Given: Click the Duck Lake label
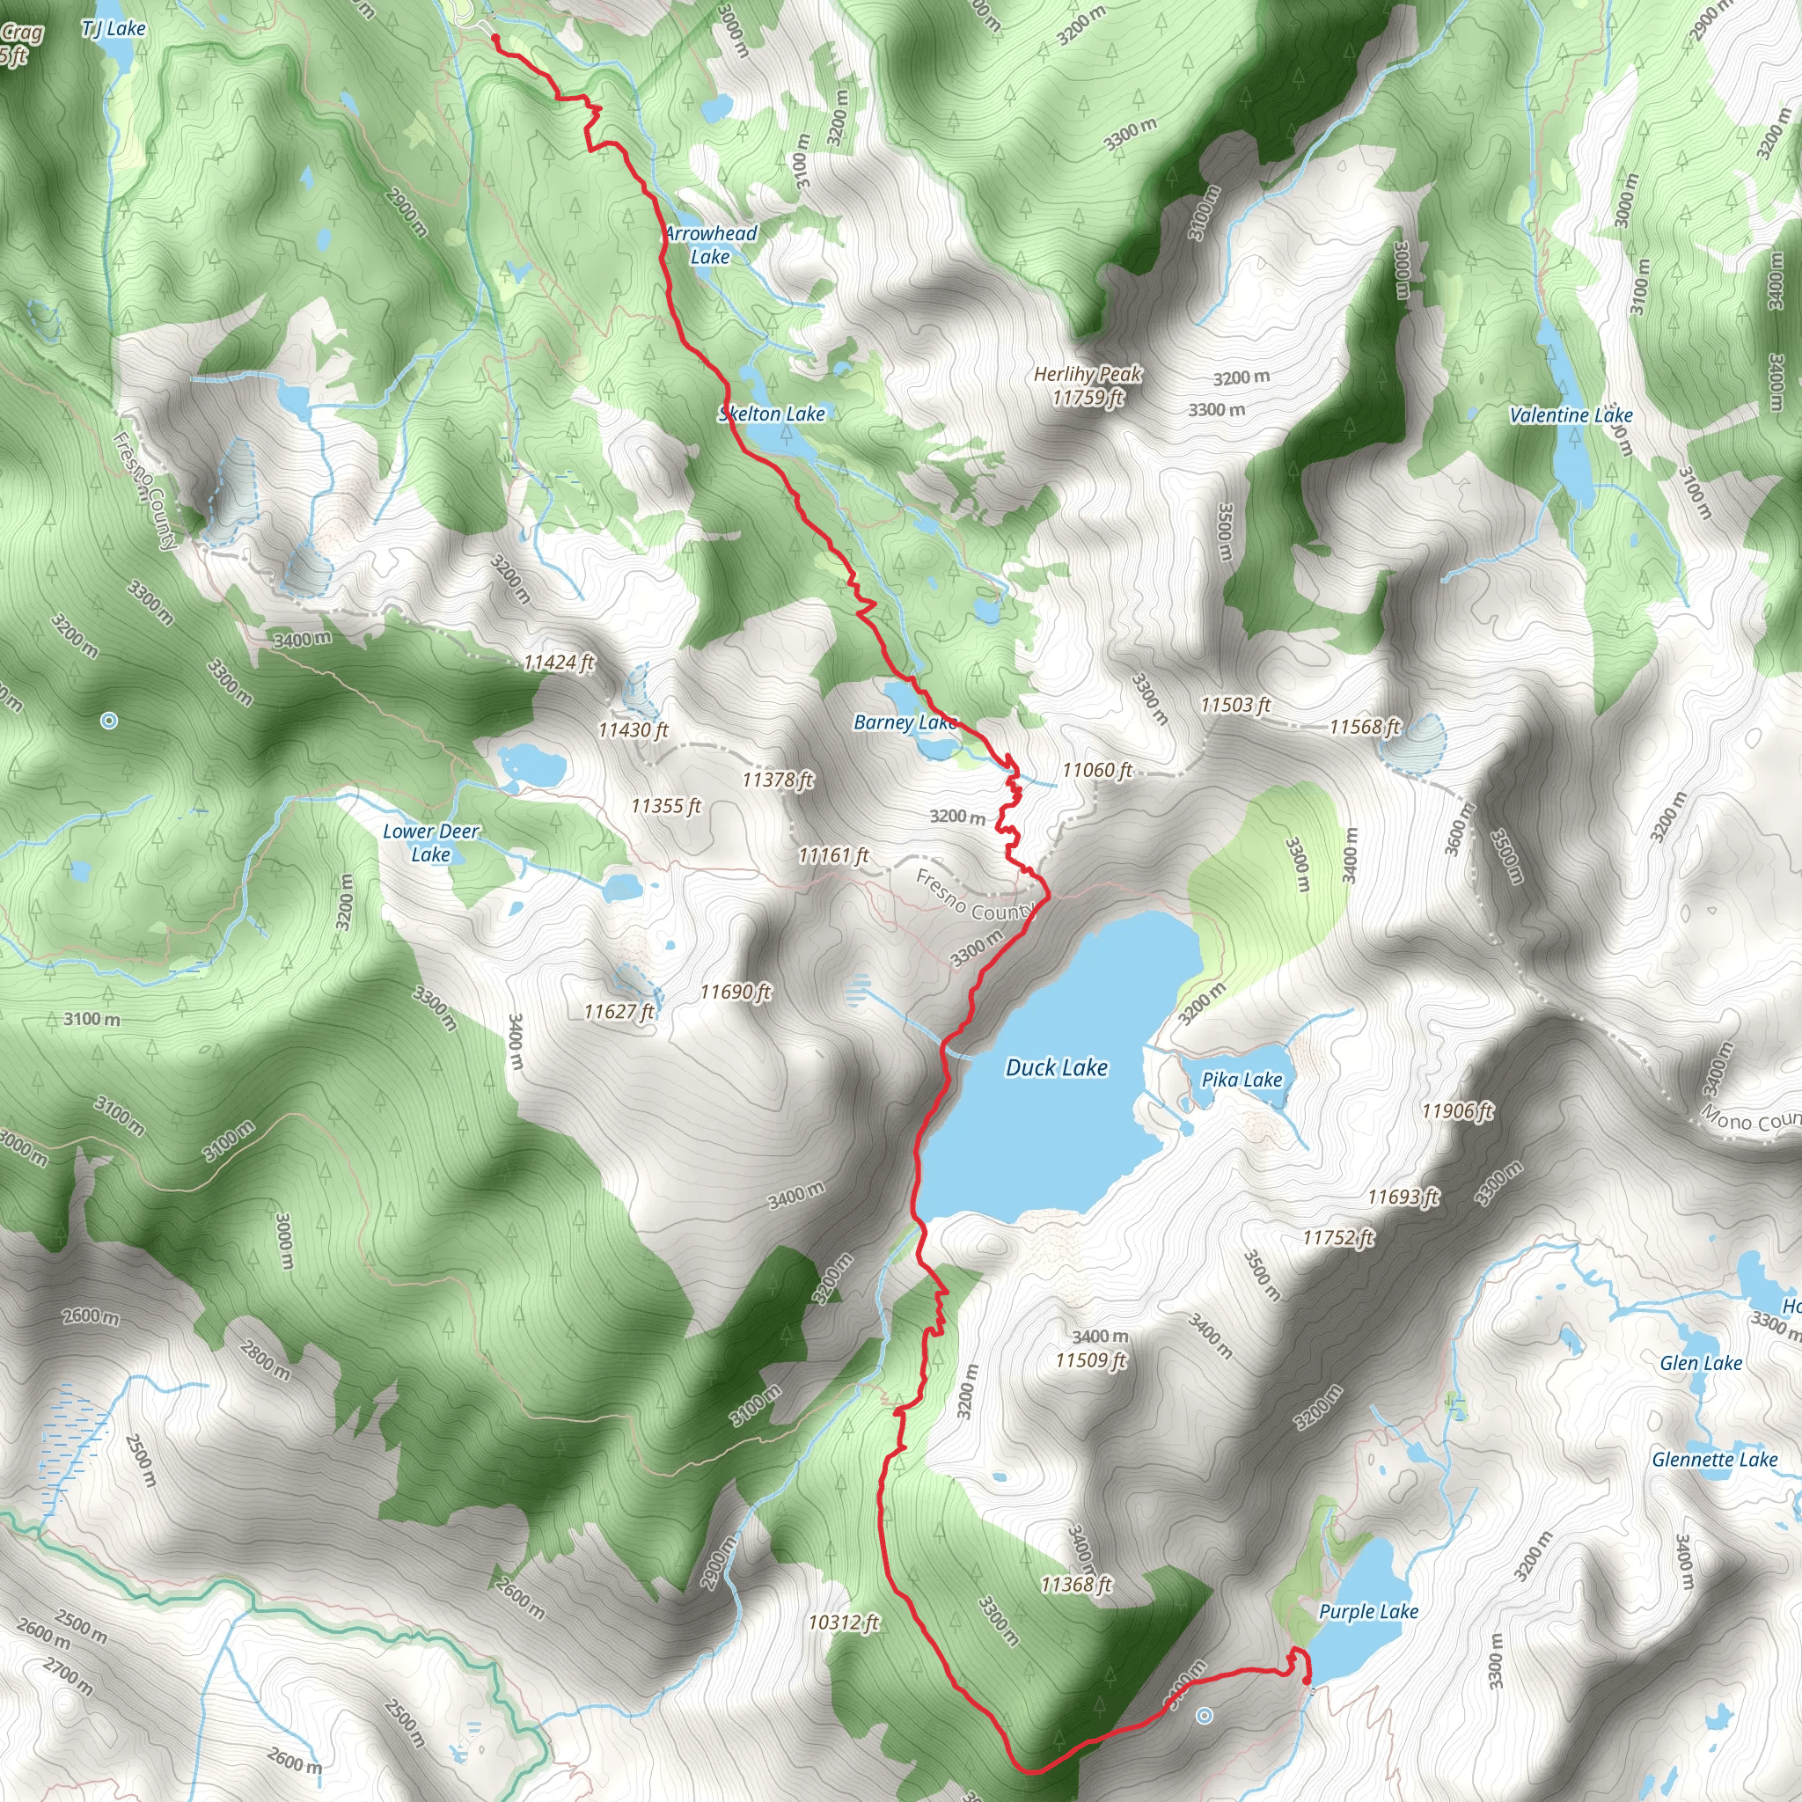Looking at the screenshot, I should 1056,1067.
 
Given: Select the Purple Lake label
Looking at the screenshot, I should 1367,1611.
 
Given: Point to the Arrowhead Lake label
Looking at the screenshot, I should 711,245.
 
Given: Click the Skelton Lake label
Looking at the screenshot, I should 772,414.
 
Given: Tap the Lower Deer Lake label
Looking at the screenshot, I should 431,842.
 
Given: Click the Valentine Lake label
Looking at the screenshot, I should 1571,415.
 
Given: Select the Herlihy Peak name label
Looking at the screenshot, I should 1088,374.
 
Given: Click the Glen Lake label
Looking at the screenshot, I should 1700,1363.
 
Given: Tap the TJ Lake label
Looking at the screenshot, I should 114,29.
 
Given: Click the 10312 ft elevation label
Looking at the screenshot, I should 843,1622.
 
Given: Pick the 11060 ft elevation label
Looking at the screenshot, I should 1097,770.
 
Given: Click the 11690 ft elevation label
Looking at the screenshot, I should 735,992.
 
